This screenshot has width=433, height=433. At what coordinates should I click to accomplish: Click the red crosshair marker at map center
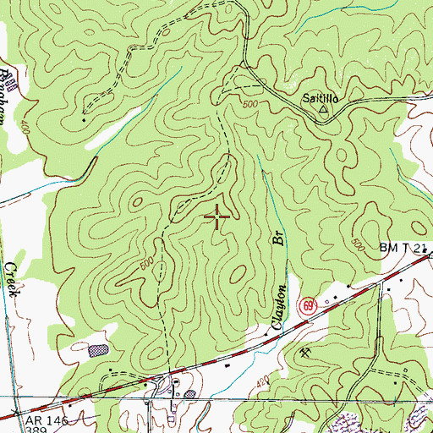[217, 218]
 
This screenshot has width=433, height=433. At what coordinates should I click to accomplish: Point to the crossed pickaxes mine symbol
[304, 352]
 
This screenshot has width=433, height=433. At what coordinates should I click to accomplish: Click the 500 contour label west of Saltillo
[248, 105]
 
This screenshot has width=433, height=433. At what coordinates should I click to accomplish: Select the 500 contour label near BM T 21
[358, 245]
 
